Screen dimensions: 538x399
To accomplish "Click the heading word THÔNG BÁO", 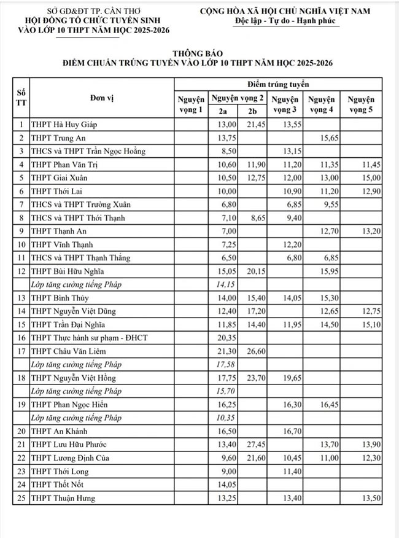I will click(x=199, y=53).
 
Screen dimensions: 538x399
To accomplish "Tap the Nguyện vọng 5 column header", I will click(x=360, y=104).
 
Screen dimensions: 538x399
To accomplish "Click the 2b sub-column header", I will click(x=252, y=111).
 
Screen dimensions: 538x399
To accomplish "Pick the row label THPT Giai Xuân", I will click(x=60, y=177).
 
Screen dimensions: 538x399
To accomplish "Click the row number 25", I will click(x=21, y=498).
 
